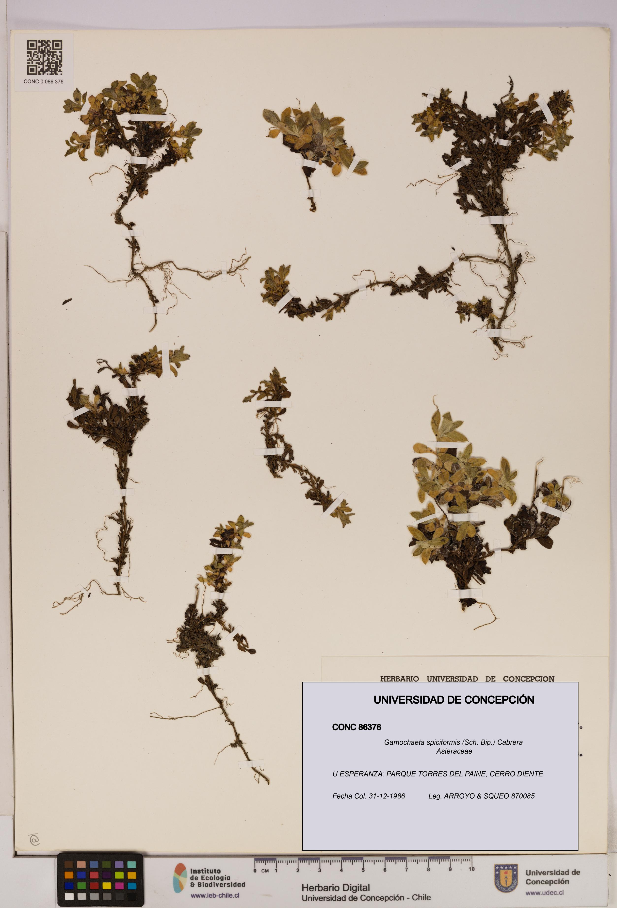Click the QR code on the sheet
click(x=44, y=57)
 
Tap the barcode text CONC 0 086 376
click(x=43, y=82)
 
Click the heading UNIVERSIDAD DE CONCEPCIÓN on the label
click(x=454, y=700)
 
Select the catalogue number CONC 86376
click(x=356, y=727)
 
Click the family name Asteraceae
click(x=454, y=751)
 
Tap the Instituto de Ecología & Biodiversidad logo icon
click(x=180, y=878)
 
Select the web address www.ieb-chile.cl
click(x=215, y=895)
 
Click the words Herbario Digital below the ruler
click(x=335, y=888)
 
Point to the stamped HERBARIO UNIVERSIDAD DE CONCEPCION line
click(x=467, y=679)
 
